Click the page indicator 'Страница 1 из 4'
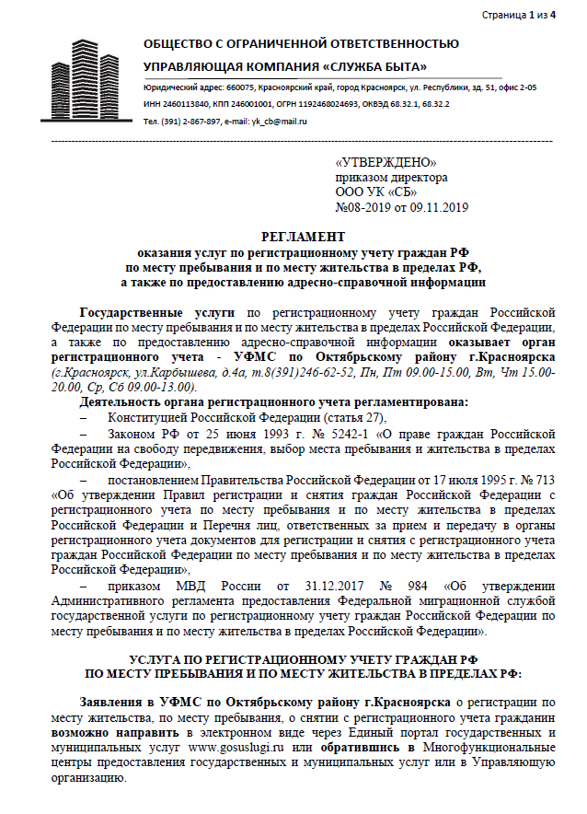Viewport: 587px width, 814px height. [519, 16]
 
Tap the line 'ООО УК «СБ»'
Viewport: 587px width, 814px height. [376, 192]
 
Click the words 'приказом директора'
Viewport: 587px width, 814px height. [391, 177]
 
